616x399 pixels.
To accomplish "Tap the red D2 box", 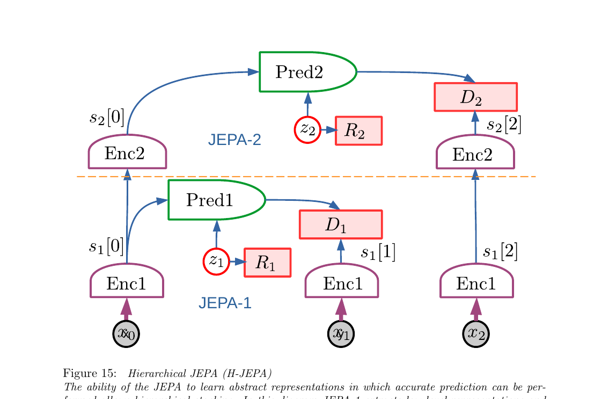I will tap(475, 97).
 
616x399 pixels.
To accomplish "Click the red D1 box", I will tap(340, 224).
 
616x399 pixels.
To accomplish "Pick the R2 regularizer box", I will tap(358, 130).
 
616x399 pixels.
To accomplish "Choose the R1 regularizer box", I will tap(267, 263).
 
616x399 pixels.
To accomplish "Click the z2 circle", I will tap(307, 129).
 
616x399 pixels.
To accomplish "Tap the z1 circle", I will tap(216, 262).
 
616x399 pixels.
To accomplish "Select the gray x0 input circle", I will tap(127, 333).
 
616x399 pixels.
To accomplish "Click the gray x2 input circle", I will tap(476, 333).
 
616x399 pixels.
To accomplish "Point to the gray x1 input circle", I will tap(341, 333).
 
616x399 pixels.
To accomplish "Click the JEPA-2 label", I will tap(234, 140).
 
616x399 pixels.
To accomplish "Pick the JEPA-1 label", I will tap(225, 303).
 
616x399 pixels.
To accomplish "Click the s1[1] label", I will tap(378, 252).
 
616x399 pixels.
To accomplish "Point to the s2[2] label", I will tap(504, 125).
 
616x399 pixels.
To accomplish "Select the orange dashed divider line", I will tap(306, 176).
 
